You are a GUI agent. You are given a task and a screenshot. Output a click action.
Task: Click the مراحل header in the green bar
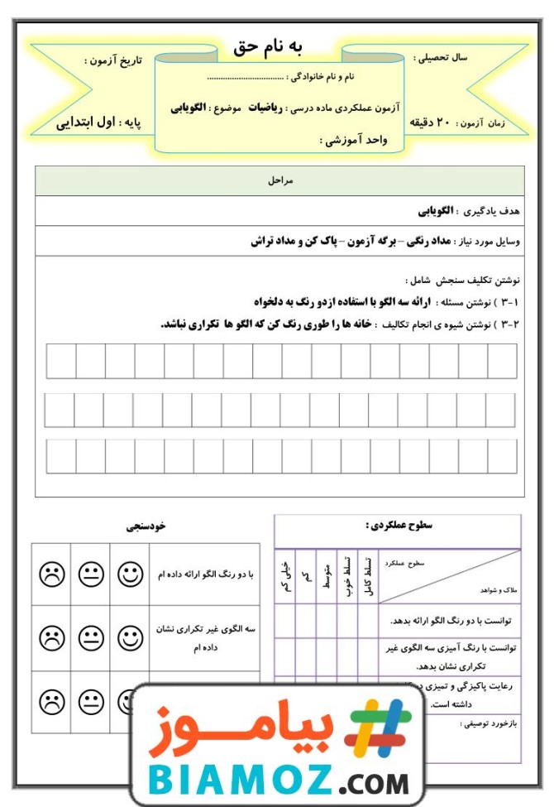(282, 180)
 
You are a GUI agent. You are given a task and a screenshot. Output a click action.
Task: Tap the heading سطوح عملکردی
(397, 525)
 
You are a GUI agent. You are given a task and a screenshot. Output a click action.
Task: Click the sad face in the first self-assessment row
(51, 573)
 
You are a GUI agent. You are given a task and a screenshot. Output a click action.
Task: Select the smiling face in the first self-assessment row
(130, 573)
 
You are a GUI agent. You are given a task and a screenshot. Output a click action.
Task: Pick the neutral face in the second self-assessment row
(91, 636)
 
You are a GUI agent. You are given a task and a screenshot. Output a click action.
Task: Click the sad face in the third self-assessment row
(51, 702)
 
